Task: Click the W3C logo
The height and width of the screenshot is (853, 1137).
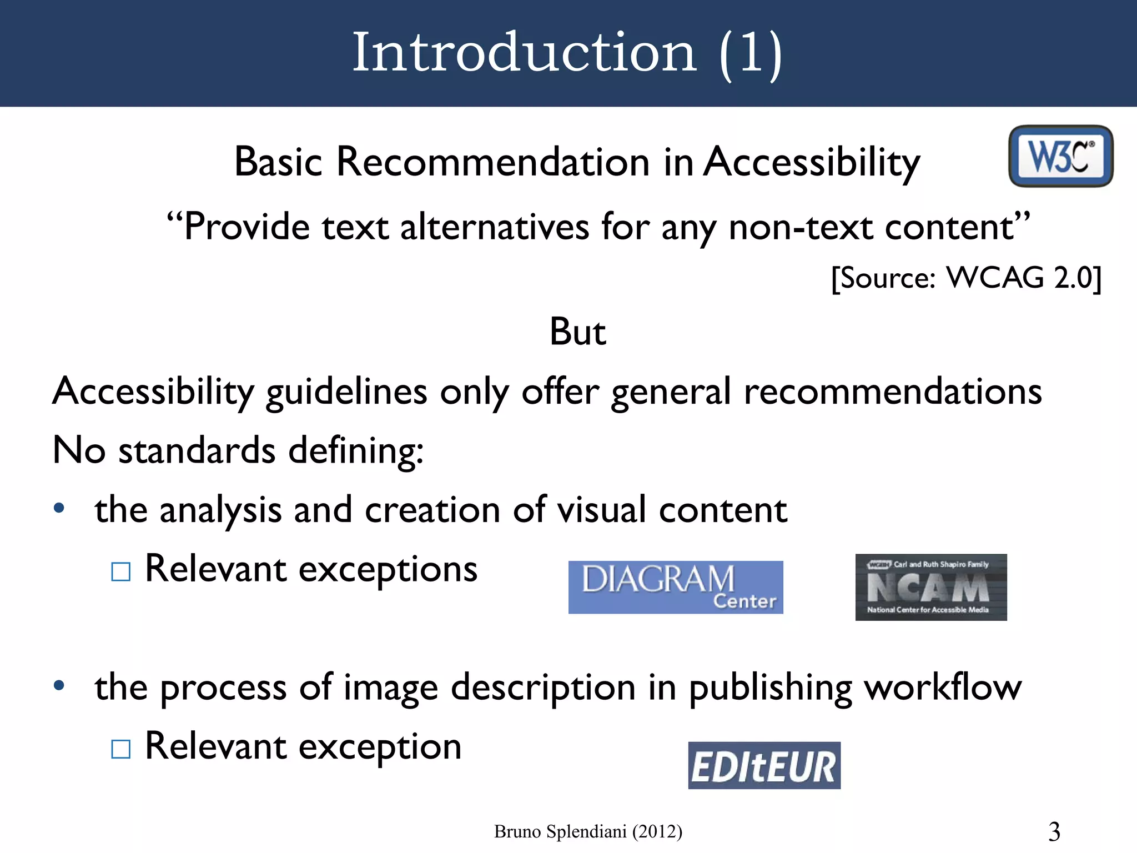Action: [x=1060, y=156]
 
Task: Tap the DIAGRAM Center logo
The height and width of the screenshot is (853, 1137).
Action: [x=676, y=587]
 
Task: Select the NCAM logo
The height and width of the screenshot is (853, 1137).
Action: [x=931, y=587]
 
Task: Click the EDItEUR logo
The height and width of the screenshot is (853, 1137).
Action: [x=764, y=765]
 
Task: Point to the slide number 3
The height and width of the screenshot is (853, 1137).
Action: [x=1054, y=831]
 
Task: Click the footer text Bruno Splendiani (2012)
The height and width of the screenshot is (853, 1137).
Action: [x=588, y=831]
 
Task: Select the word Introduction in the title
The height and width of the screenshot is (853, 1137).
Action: [x=524, y=52]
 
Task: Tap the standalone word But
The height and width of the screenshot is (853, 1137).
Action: [x=577, y=332]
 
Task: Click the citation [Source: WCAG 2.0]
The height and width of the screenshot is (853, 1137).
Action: [x=966, y=277]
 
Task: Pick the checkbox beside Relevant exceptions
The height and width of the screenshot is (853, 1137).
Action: [x=121, y=571]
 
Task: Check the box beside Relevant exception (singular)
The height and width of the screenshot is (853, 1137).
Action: [x=121, y=749]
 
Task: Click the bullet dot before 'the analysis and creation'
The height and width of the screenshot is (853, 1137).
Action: [x=59, y=508]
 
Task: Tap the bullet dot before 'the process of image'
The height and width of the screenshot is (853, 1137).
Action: [x=59, y=686]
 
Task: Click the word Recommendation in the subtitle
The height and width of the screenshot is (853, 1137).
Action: [x=493, y=162]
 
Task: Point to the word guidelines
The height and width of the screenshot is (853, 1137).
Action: [x=346, y=392]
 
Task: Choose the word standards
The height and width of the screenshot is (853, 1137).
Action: [x=197, y=450]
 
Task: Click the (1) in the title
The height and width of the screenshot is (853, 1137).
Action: [x=750, y=52]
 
